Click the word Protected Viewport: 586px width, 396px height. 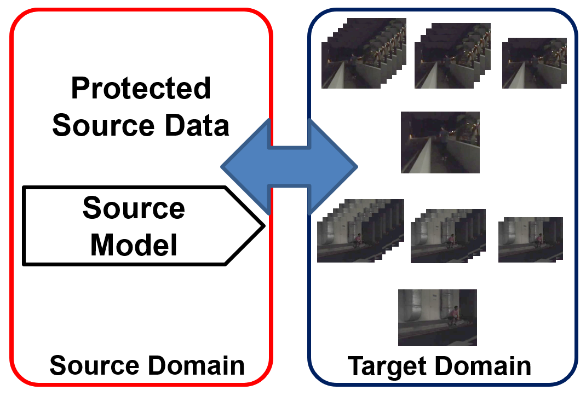(141, 89)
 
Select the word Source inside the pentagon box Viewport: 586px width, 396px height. (134, 208)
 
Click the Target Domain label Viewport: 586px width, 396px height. (440, 366)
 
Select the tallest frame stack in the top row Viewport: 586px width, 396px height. (363, 53)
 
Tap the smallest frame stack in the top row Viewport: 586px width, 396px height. (534, 63)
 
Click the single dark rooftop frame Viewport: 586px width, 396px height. (440, 142)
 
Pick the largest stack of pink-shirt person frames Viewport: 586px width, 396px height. (360, 230)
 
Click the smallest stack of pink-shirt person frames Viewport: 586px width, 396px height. (530, 240)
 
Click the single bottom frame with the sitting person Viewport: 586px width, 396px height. (437, 317)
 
